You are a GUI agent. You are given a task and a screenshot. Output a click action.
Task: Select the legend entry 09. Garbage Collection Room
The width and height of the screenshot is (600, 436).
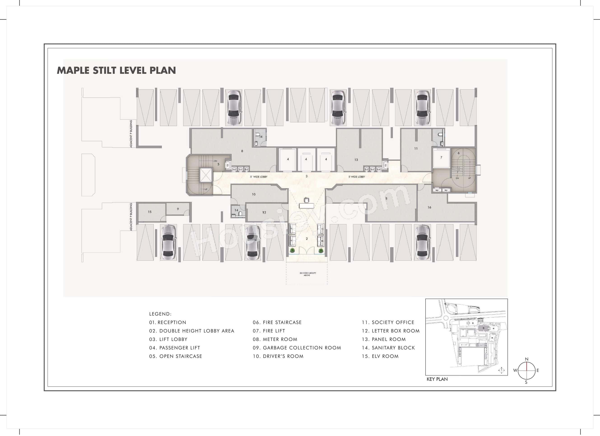[x=297, y=348]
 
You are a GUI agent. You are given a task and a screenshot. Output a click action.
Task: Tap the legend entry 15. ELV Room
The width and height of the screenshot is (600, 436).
[x=380, y=356]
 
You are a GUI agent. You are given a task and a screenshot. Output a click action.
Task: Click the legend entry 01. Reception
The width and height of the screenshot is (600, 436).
[x=167, y=322]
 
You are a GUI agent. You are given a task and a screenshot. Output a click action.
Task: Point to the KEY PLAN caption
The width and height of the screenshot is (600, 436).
[x=437, y=379]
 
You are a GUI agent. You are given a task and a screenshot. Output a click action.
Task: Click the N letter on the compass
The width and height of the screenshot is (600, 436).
[x=526, y=359]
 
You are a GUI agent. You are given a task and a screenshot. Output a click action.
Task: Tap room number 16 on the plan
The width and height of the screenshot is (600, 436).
[x=429, y=207]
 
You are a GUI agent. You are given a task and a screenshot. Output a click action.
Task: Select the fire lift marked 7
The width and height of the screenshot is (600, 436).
[x=441, y=158]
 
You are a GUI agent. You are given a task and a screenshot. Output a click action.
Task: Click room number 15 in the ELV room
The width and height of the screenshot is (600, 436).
[x=150, y=212]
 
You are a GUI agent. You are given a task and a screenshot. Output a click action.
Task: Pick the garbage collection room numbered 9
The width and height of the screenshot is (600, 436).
[x=178, y=209]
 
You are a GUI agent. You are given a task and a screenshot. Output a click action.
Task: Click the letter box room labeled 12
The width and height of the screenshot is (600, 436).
[x=264, y=212]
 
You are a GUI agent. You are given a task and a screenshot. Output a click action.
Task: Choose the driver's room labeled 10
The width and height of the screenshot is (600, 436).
[x=253, y=194]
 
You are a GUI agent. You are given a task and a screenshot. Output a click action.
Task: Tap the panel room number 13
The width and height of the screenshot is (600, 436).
[x=356, y=160]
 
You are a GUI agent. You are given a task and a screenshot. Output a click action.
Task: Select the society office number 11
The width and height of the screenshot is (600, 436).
[x=416, y=148]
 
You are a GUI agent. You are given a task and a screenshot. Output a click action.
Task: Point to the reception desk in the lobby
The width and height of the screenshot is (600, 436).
[x=306, y=205]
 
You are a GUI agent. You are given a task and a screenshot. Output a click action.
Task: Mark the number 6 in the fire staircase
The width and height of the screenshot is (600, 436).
[x=458, y=153]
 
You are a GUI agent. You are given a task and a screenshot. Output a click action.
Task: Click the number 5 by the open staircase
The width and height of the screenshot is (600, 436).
[x=218, y=164]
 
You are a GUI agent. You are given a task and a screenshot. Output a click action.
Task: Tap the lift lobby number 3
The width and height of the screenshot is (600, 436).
[x=306, y=176]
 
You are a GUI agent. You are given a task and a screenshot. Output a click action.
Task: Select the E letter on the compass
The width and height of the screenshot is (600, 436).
[x=537, y=370]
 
